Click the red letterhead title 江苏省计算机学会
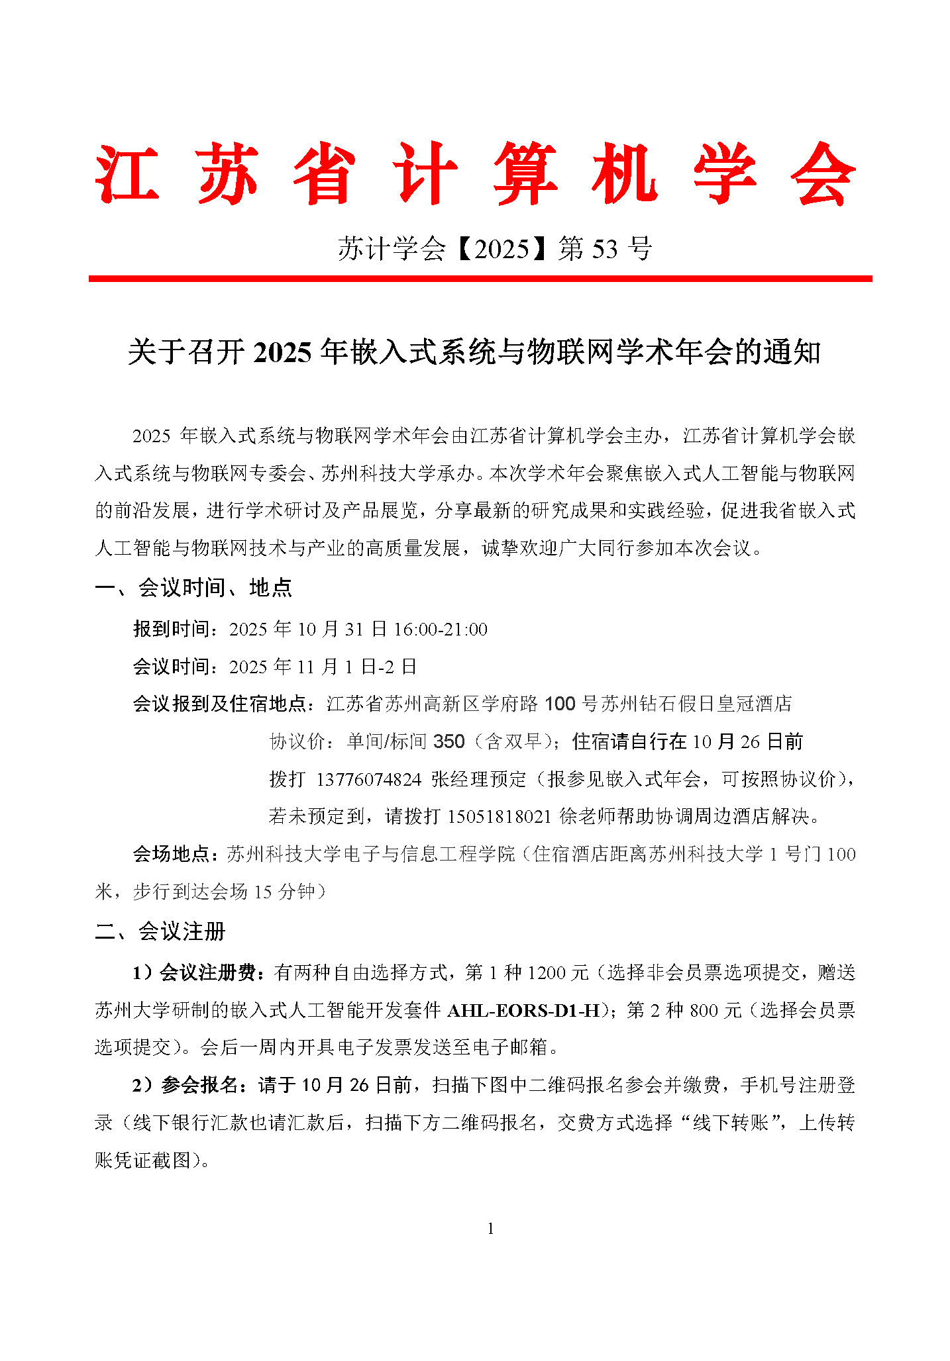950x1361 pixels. [x=475, y=173]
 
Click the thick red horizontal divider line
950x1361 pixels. [x=480, y=279]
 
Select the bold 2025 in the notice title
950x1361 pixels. [x=282, y=352]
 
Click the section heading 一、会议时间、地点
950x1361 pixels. [x=193, y=587]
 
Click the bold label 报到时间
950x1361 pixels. [x=172, y=629]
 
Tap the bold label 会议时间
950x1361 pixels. [x=172, y=666]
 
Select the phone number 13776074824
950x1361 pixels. [x=368, y=779]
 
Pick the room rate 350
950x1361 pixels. [x=449, y=741]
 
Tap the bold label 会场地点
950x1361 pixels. [x=172, y=854]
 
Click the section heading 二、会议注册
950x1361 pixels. [x=160, y=931]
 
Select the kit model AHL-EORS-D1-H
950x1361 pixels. [x=523, y=1010]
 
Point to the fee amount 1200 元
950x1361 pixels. [x=557, y=972]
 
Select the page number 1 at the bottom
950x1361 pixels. [x=490, y=1229]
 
